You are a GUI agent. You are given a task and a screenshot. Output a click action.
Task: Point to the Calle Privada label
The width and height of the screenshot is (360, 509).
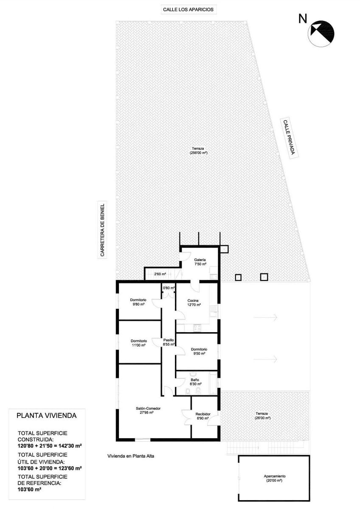(x=289, y=138)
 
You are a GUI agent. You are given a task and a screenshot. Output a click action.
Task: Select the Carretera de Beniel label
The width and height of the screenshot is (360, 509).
(x=102, y=230)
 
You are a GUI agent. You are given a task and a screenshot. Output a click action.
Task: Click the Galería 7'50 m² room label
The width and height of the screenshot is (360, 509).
(x=200, y=262)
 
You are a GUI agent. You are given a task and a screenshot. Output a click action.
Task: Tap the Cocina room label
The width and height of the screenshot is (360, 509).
(x=194, y=302)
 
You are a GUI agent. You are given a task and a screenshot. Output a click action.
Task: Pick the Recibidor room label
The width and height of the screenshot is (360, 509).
(x=203, y=416)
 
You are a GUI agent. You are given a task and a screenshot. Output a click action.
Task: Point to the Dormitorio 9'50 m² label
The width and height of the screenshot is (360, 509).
(x=198, y=351)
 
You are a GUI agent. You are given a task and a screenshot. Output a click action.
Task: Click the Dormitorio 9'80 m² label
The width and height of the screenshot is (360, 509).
(x=138, y=302)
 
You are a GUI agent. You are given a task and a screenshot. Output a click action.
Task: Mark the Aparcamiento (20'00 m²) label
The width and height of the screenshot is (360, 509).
(x=273, y=478)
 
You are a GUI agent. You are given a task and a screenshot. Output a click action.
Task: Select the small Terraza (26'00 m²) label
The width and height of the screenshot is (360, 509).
(x=263, y=416)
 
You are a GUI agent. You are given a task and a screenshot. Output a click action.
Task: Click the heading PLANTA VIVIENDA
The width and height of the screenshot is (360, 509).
(x=46, y=416)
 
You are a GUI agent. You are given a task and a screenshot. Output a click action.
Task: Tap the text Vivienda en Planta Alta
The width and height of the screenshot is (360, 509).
(x=131, y=456)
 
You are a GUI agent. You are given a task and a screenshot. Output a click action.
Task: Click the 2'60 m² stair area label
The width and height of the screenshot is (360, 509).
(x=160, y=274)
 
